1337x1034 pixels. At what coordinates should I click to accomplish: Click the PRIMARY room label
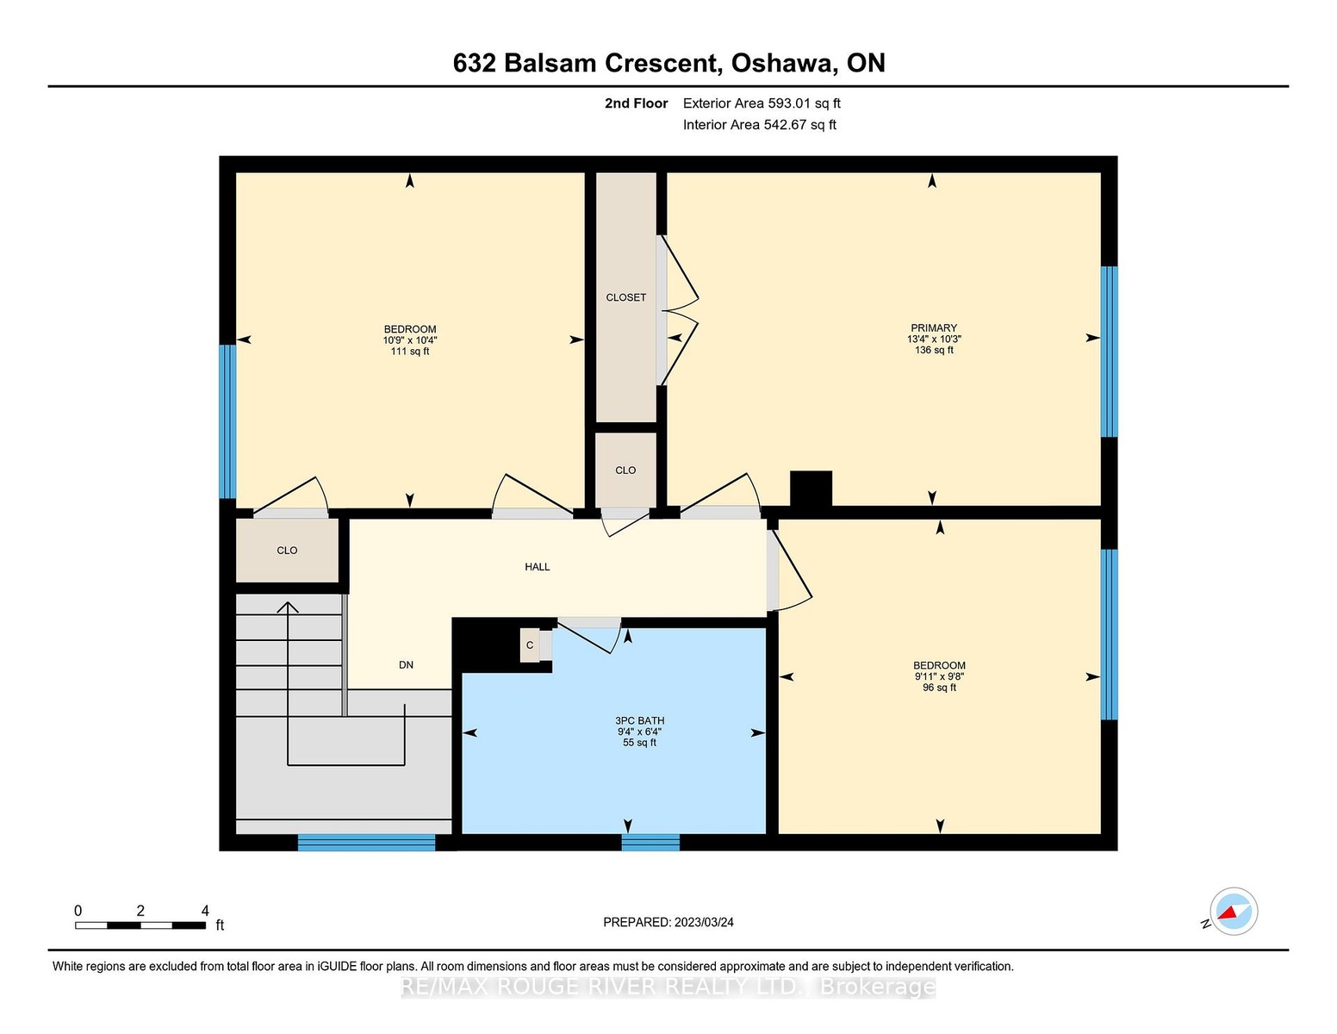click(x=933, y=327)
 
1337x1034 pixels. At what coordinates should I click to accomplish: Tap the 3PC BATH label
click(x=640, y=720)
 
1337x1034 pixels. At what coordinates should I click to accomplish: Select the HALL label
click(x=538, y=566)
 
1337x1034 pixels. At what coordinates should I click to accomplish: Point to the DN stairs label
click(x=406, y=665)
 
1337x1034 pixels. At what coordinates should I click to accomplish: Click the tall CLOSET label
click(x=625, y=297)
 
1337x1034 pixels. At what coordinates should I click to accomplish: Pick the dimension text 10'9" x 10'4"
click(x=410, y=340)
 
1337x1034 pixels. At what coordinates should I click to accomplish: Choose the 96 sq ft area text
click(x=940, y=688)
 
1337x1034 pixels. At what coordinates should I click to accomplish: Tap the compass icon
click(x=1234, y=912)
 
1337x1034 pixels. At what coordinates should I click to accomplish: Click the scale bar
click(x=140, y=925)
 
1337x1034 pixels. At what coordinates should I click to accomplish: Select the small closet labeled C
click(x=530, y=645)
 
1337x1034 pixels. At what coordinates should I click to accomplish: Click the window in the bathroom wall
click(x=650, y=842)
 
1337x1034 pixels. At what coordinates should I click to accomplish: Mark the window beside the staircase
click(x=367, y=842)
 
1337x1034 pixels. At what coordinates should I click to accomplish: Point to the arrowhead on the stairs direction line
click(x=288, y=607)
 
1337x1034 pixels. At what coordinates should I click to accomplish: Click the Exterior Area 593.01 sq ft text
click(x=762, y=103)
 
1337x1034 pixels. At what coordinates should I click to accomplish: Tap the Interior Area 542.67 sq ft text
click(x=760, y=125)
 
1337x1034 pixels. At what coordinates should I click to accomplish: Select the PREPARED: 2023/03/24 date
click(x=668, y=922)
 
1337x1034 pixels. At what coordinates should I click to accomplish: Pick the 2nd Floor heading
click(x=637, y=103)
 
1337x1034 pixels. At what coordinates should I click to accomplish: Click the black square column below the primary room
click(x=811, y=489)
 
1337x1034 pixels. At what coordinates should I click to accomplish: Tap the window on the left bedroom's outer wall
click(x=227, y=421)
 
